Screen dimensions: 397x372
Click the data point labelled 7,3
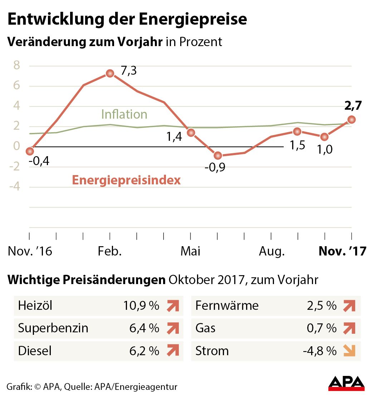pyautogui.click(x=110, y=73)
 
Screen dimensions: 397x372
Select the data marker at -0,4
pyautogui.click(x=30, y=152)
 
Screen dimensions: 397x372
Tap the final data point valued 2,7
pyautogui.click(x=352, y=119)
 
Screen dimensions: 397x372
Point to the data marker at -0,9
pyautogui.click(x=217, y=155)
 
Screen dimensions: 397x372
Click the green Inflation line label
pyautogui.click(x=124, y=114)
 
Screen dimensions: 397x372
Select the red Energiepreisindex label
pyautogui.click(x=126, y=180)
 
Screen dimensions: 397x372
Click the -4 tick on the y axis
pyautogui.click(x=14, y=187)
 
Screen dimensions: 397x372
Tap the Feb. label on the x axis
pyautogui.click(x=110, y=251)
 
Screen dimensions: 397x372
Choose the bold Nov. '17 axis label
pyautogui.click(x=342, y=251)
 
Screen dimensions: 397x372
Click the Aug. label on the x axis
pyautogui.click(x=271, y=251)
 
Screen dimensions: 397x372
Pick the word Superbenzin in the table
pyautogui.click(x=53, y=328)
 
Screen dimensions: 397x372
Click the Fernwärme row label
pyautogui.click(x=227, y=306)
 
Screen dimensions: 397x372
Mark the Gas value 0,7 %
pyautogui.click(x=322, y=328)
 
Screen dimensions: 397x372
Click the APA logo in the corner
pyautogui.click(x=346, y=383)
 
